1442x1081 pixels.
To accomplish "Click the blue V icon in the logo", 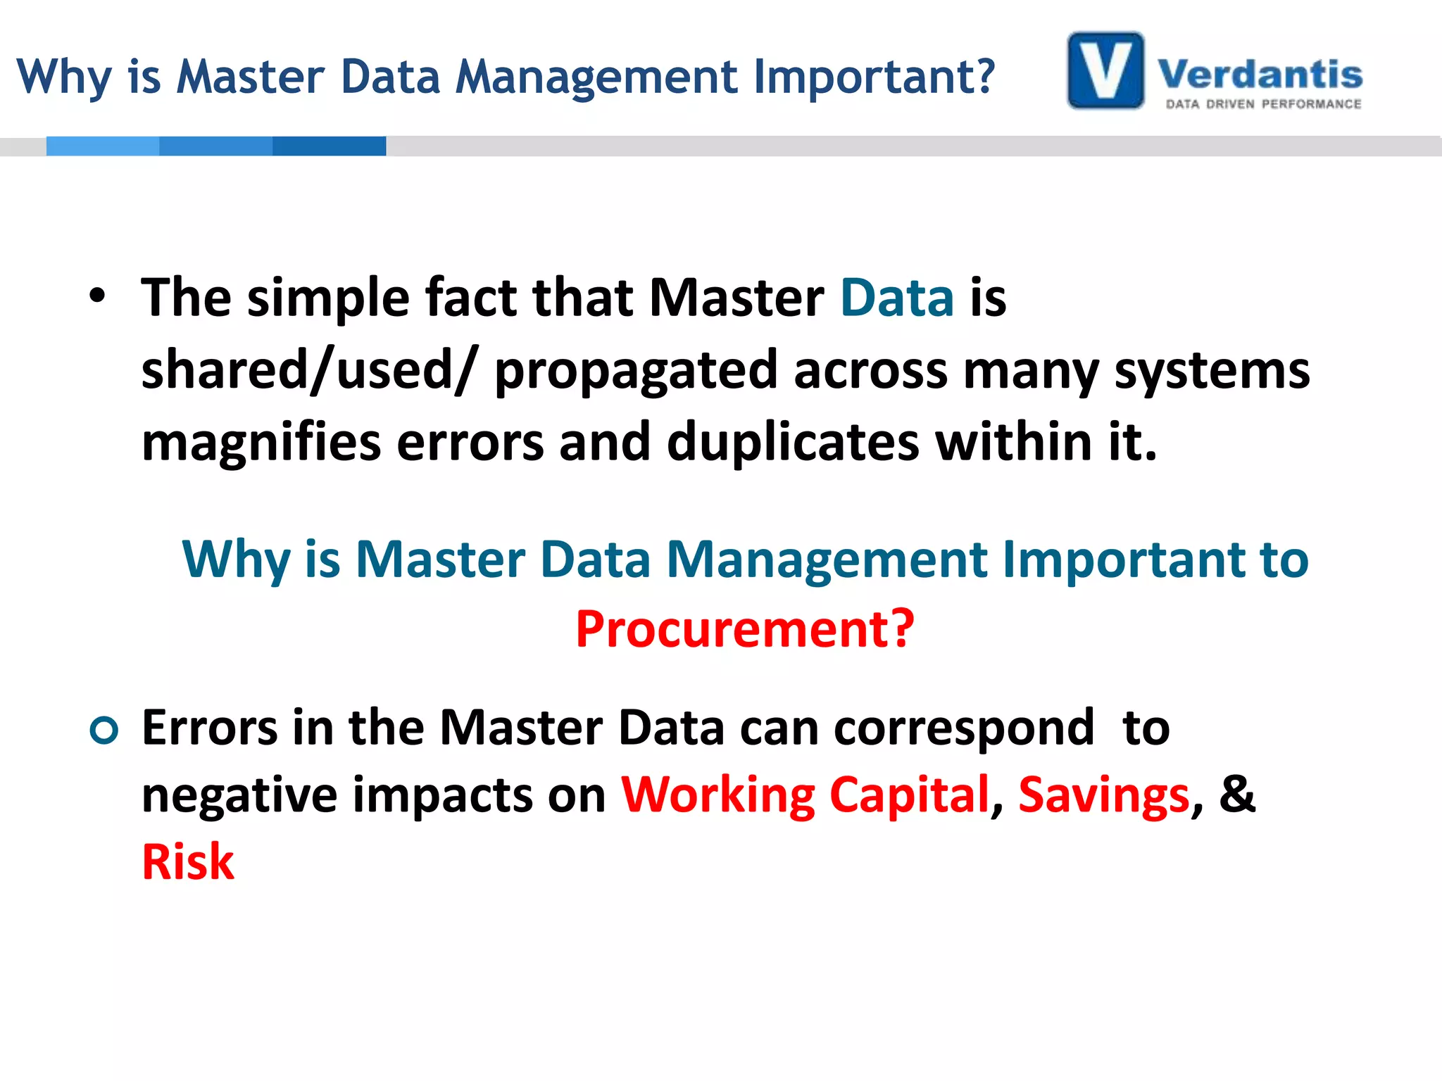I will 1105,70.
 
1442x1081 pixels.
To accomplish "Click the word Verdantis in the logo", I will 1260,75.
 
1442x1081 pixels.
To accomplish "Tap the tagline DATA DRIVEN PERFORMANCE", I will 1263,104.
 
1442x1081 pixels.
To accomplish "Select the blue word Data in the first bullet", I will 897,298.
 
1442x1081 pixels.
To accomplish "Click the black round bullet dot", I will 97,296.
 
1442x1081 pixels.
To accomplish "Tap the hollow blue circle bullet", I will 104,730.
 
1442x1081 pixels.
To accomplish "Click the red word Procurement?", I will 745,628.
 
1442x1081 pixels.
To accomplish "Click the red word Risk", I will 188,862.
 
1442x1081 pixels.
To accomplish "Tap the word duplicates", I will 793,442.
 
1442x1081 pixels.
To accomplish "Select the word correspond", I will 964,728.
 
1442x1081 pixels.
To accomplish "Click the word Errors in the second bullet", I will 209,728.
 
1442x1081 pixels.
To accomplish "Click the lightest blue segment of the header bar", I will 103,146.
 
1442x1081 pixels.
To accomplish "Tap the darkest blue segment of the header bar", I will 329,146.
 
